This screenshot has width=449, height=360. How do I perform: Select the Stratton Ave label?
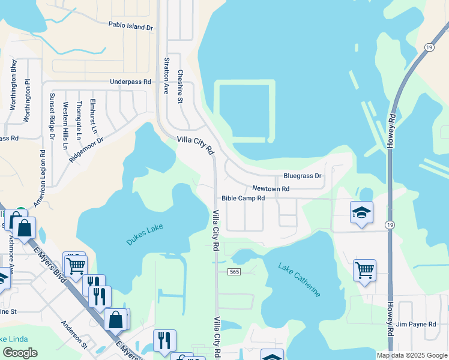(x=166, y=76)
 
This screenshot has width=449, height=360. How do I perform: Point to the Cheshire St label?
(x=179, y=86)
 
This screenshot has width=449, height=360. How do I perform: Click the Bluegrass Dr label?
(x=303, y=176)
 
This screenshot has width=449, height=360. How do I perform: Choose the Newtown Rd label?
(x=271, y=188)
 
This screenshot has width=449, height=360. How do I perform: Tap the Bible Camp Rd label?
(x=243, y=198)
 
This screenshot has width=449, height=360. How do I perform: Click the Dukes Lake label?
(x=145, y=235)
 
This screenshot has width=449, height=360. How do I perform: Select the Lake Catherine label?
(x=299, y=280)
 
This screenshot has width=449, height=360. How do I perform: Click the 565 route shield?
(x=235, y=272)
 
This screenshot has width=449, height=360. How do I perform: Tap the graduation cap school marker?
(x=361, y=213)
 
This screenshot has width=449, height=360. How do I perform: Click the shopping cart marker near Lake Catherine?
(x=364, y=271)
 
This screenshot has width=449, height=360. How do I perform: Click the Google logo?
(x=20, y=352)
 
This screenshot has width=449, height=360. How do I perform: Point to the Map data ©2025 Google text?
(x=411, y=355)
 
